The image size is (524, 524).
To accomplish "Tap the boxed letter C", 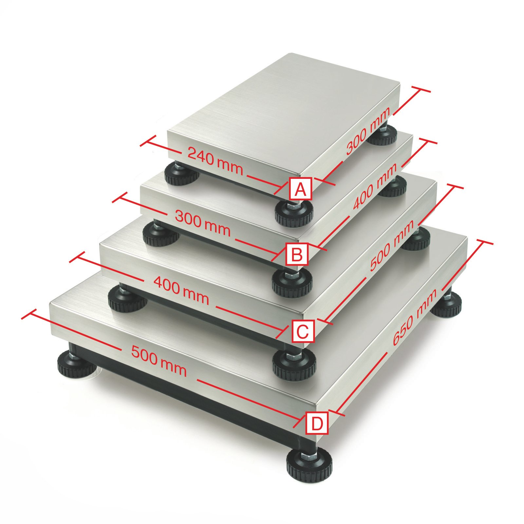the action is tap(302, 331).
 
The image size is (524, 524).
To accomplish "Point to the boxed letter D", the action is tap(317, 423).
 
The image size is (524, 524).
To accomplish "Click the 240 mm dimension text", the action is tap(215, 161).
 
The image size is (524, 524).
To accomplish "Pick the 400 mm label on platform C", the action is tap(181, 290).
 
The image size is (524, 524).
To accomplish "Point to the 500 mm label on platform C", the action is tap(392, 246).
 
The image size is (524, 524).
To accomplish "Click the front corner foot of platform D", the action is tap(309, 465).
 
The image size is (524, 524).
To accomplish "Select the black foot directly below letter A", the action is tap(293, 213).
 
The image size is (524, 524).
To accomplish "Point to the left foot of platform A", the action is tap(182, 174).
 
